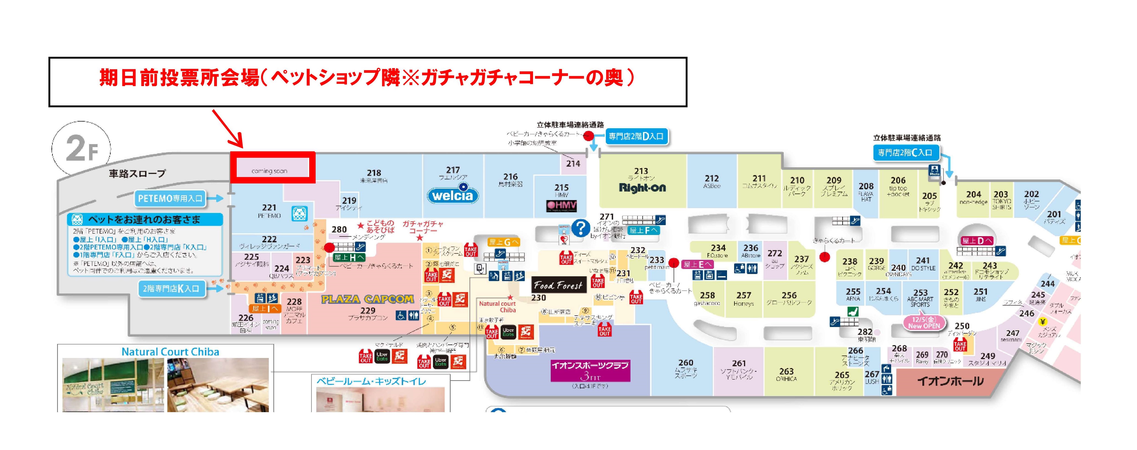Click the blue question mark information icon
(580, 228)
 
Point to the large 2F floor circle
(81, 149)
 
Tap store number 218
(374, 173)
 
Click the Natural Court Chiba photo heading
(170, 352)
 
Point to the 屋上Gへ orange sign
(503, 242)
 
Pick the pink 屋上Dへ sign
(977, 240)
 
